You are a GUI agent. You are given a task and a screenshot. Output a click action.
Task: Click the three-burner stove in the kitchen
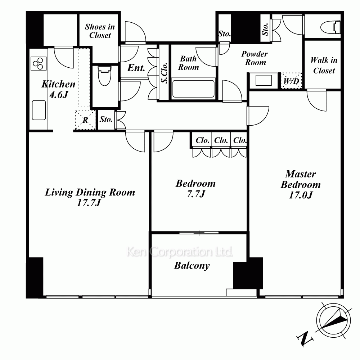(39, 63)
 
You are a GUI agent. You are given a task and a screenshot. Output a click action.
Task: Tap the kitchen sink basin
(39, 110)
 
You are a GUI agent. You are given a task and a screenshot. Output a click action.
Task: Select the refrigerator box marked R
(85, 120)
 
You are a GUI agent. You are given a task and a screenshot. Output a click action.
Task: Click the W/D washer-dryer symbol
(291, 81)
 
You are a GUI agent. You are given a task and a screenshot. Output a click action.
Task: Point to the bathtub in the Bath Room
(193, 89)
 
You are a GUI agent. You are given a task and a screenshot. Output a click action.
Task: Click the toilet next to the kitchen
(104, 76)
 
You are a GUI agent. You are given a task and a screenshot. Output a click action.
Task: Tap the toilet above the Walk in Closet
(330, 27)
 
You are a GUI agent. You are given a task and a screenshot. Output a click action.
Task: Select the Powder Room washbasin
(264, 80)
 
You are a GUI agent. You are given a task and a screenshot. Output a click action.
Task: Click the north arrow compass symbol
(334, 321)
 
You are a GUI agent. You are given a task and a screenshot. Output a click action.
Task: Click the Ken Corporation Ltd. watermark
(180, 252)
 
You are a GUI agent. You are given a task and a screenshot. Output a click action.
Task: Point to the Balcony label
(192, 266)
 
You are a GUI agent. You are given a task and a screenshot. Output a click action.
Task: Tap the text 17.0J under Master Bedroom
(301, 195)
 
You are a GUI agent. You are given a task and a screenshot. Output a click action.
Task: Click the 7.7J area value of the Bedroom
(195, 194)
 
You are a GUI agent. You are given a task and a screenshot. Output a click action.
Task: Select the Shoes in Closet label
(100, 31)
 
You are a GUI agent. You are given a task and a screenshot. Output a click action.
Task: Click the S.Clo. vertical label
(164, 73)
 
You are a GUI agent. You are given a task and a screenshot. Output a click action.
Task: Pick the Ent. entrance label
(136, 68)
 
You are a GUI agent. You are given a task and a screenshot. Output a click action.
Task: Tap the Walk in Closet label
(324, 65)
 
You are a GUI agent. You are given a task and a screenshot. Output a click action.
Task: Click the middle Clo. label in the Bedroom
(221, 140)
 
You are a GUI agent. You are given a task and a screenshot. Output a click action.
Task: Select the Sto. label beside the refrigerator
(106, 119)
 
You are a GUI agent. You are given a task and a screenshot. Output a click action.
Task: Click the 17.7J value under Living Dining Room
(89, 202)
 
